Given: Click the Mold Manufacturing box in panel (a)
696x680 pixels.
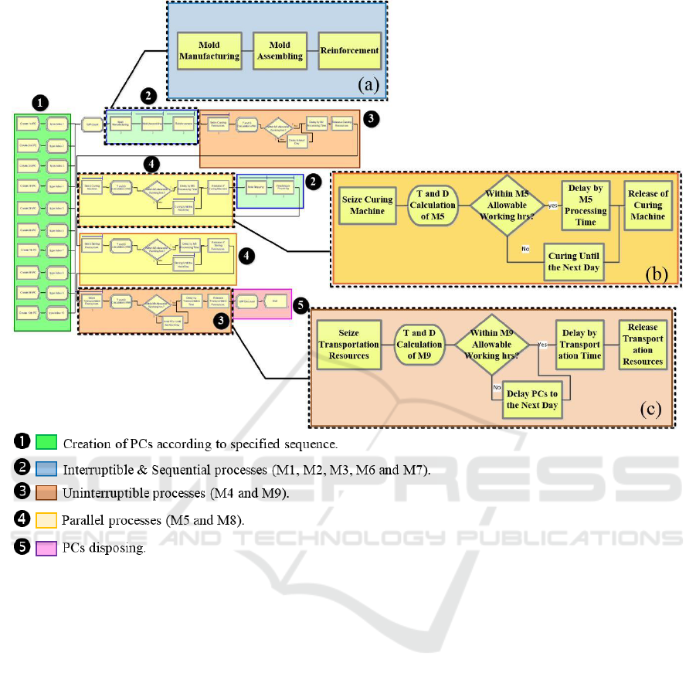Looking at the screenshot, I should coord(205,51).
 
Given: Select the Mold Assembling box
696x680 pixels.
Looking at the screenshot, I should coord(280,51).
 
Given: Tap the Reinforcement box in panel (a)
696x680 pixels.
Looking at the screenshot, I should coord(351,51).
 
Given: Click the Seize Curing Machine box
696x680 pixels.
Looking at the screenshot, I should coord(367,205).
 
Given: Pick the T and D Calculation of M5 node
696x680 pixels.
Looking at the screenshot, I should coord(432,205).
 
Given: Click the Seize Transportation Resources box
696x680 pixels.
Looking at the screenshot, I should coord(348,345).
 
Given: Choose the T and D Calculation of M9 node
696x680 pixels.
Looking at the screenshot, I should coord(419,345).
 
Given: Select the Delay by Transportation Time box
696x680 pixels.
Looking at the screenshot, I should coord(580,345).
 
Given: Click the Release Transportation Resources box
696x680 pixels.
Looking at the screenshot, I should coord(643,345).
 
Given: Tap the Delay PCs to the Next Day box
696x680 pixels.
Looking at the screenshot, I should coord(532,399).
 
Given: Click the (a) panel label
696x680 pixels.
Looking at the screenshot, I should coord(368,86).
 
